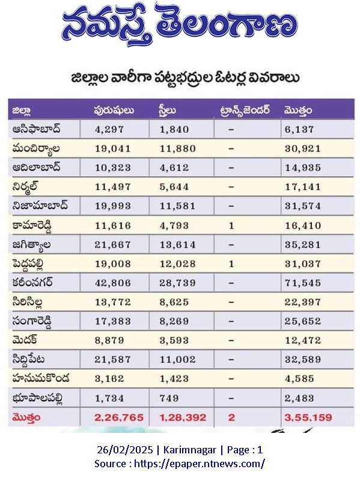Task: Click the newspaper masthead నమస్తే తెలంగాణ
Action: coord(180,25)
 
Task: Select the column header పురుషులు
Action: coord(114,110)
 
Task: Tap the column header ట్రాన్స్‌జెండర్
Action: coord(245,110)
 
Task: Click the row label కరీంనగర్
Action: coord(32,282)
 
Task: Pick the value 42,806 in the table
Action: coord(113,283)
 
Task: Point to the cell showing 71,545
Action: coord(303,283)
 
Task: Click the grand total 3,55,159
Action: coord(308,417)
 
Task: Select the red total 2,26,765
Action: coord(119,417)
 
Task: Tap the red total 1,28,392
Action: coord(183,417)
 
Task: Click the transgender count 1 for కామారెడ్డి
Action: coord(231,226)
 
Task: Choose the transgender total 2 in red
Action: coord(231,417)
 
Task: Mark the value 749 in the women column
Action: coord(169,398)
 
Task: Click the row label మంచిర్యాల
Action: coord(36,149)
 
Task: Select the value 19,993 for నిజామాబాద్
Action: coord(113,206)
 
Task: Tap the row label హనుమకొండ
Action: coord(41,378)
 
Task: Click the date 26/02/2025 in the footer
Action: coord(125,450)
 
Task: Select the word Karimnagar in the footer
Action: coord(190,450)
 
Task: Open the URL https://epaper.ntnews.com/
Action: coord(200,463)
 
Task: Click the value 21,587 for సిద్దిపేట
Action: coord(113,360)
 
